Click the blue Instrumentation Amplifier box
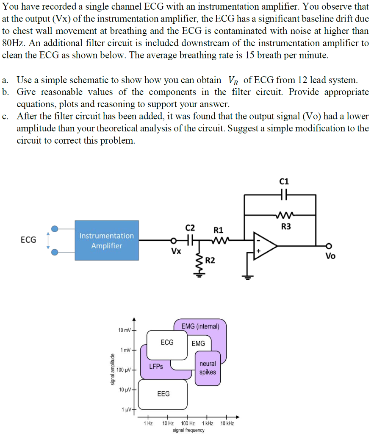click(107, 240)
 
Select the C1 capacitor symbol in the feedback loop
click(284, 195)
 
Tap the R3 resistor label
click(286, 227)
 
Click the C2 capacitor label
click(190, 228)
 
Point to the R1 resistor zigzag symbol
click(220, 240)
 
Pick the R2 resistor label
click(210, 261)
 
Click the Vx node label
click(176, 251)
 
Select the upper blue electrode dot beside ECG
click(55, 228)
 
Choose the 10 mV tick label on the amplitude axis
click(124, 330)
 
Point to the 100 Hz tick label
click(188, 423)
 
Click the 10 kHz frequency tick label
click(227, 423)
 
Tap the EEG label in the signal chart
click(163, 394)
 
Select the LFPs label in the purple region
click(156, 367)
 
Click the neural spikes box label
click(208, 368)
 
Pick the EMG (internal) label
click(200, 326)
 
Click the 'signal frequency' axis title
click(188, 430)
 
